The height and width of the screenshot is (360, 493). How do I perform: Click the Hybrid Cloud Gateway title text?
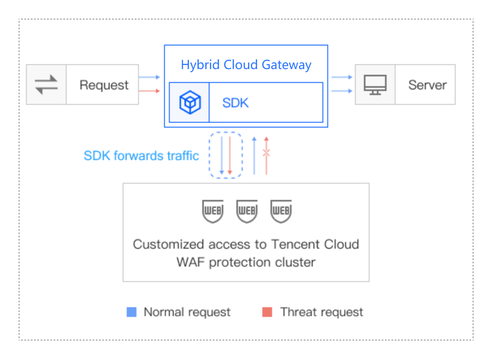[246, 65]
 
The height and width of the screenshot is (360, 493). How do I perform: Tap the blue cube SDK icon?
[190, 102]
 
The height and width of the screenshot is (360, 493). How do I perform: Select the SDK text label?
[236, 103]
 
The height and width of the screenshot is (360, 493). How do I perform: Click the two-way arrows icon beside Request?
[46, 85]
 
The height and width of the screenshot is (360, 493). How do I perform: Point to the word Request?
[104, 85]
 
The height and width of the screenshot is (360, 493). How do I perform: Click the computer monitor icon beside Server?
[375, 85]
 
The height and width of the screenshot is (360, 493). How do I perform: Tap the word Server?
[427, 85]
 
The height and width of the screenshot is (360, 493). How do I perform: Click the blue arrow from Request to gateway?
[149, 77]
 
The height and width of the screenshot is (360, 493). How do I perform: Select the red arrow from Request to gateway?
[149, 91]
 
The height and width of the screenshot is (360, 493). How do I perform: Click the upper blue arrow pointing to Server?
[342, 77]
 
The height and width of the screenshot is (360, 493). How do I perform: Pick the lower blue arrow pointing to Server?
[342, 91]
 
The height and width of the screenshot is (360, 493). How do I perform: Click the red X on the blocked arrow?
[266, 153]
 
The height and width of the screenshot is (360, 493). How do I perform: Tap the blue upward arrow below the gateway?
[254, 156]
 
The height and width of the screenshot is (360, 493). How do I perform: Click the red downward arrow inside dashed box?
[230, 156]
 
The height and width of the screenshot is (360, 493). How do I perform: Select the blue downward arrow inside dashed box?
[222, 156]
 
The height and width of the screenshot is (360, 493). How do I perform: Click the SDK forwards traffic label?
[141, 156]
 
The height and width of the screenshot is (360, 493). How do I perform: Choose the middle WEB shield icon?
[247, 211]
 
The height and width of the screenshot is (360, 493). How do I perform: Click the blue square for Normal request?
[132, 312]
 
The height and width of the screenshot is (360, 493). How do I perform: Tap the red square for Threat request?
[267, 312]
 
